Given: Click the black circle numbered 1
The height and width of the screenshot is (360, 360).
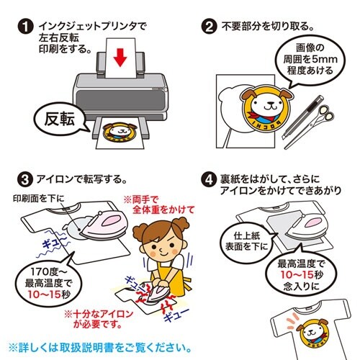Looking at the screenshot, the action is point(25,27).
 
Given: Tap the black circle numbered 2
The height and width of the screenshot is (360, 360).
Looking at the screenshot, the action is point(209,27).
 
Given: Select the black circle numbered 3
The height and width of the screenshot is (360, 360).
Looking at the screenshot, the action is point(25,179).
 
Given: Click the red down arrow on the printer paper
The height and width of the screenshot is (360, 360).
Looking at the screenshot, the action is point(120,58).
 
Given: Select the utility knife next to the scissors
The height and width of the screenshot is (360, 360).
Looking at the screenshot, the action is point(303,117).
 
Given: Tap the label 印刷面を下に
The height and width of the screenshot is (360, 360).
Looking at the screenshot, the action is point(39,198).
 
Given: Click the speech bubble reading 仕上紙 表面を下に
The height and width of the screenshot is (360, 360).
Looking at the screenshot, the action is point(247,241).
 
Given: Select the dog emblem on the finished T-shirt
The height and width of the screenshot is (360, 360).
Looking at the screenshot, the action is point(312,333).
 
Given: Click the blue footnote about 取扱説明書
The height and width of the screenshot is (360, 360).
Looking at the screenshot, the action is point(100,348).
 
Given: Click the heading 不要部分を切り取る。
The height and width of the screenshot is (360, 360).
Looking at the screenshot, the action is point(268,27).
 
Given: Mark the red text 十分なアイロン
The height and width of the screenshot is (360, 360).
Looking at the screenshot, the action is point(99,314).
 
